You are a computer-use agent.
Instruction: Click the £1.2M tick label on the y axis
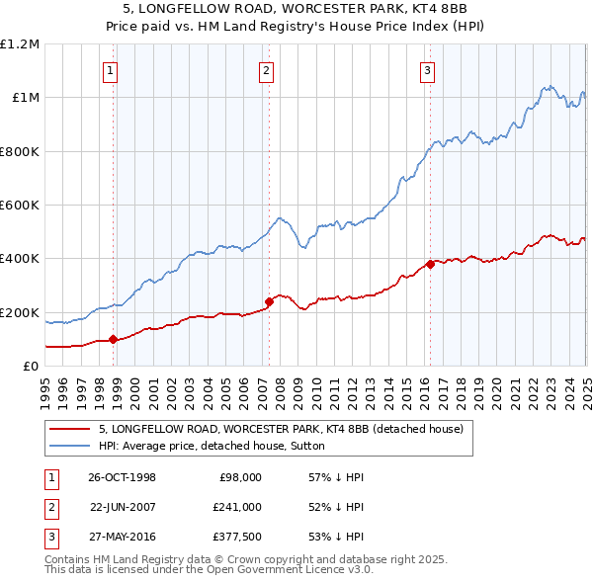click(20, 43)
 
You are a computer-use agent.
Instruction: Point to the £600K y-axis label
click(20, 206)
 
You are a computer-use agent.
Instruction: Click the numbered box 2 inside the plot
click(267, 70)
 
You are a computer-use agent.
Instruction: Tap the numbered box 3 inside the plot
click(427, 70)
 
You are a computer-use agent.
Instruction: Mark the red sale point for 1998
click(114, 339)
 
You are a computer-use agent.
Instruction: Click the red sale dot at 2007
click(269, 301)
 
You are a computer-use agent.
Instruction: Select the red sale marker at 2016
click(431, 265)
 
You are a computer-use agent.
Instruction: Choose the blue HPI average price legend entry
click(218, 446)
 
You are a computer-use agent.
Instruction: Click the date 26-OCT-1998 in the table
click(123, 477)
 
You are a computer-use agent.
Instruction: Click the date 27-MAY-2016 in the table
click(123, 537)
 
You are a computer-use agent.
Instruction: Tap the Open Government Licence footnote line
click(210, 570)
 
